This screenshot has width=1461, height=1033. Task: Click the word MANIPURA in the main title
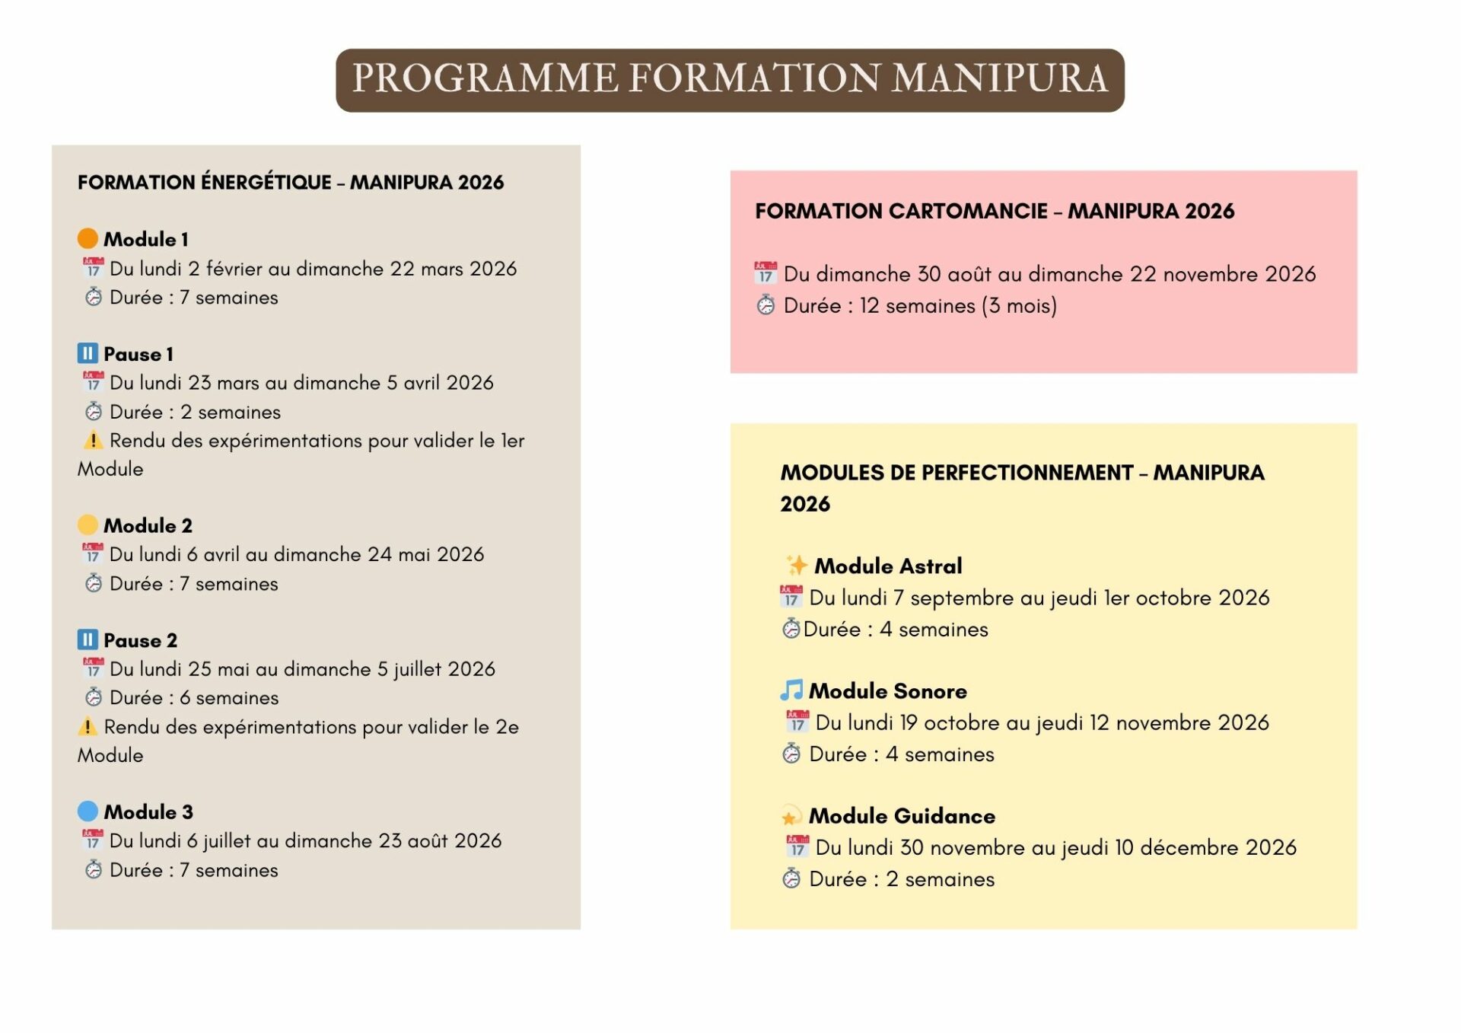pos(999,79)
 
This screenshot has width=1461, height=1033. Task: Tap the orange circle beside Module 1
pos(88,239)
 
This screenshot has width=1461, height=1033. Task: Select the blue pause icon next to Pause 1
pos(88,353)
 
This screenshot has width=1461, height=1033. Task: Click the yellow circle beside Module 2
pos(88,525)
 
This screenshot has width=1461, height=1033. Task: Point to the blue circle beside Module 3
pos(88,811)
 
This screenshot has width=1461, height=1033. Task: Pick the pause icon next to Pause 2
pos(88,639)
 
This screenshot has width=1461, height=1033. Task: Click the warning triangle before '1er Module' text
pos(92,440)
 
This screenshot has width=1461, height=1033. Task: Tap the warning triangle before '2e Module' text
pos(88,726)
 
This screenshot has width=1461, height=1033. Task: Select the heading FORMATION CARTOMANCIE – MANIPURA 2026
pos(994,211)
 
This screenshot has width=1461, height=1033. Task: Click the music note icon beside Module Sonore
pos(791,690)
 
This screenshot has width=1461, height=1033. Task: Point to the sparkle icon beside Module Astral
pos(797,566)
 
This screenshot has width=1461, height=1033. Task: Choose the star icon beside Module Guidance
pos(791,816)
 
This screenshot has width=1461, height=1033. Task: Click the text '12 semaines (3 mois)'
pos(958,306)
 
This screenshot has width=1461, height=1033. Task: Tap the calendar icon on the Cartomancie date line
pos(766,273)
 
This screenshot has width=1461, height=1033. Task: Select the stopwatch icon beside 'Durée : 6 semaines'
pos(93,697)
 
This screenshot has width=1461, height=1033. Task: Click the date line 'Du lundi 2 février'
pos(312,269)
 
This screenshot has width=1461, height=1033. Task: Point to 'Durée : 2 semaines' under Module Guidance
pos(901,879)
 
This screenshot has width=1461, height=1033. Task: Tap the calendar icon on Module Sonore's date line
pos(797,722)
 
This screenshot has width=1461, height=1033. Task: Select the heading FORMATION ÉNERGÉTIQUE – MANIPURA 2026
pos(290,183)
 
